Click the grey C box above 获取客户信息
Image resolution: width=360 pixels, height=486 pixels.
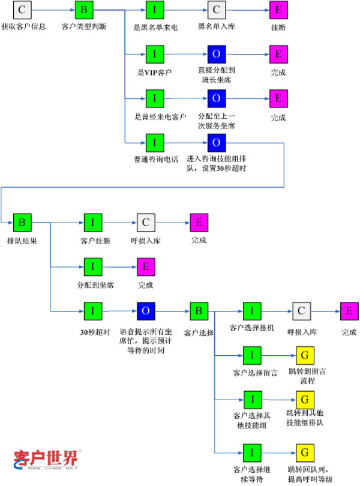click(22, 10)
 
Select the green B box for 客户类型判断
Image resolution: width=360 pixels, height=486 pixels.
click(83, 10)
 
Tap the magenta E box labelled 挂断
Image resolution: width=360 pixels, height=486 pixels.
click(278, 10)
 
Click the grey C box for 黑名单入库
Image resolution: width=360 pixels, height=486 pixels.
click(216, 10)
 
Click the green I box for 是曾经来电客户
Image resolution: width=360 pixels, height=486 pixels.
click(154, 98)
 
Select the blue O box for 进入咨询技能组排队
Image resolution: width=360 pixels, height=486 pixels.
click(216, 142)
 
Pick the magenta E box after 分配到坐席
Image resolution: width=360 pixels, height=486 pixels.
click(146, 266)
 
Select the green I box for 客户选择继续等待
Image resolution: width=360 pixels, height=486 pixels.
click(252, 452)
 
